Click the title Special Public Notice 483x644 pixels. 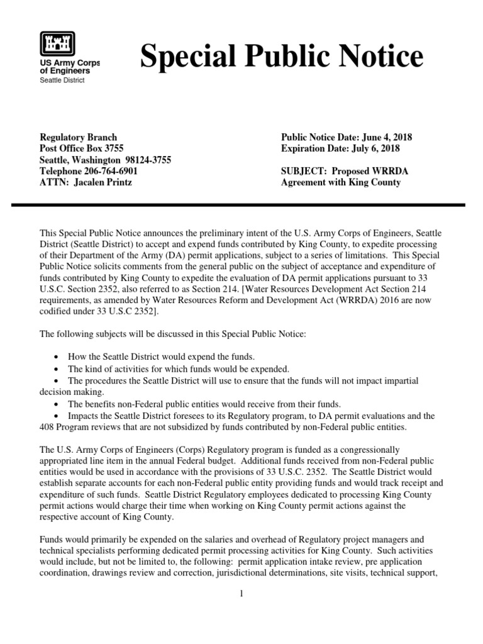281,57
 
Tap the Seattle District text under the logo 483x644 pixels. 62,80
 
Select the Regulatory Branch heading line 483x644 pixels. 78,137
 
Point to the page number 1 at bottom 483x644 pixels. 241,594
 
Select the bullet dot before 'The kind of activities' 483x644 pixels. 57,369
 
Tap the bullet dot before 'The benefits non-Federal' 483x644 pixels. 57,404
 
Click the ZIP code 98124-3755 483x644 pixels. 147,160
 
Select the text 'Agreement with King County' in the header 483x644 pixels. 340,182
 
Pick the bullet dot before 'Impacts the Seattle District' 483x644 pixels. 57,416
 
